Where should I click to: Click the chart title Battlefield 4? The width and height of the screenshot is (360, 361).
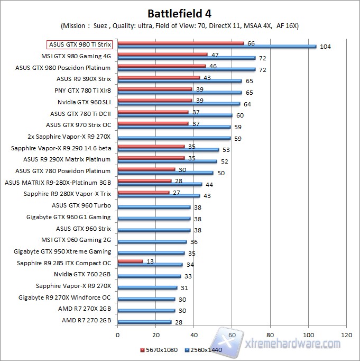(180, 13)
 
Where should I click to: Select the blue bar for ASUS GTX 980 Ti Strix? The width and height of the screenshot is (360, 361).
(217, 47)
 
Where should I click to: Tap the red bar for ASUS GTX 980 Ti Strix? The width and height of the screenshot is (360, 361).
(180, 43)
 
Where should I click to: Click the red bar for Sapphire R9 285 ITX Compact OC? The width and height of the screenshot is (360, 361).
(130, 260)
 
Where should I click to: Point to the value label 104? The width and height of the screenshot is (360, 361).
(326, 47)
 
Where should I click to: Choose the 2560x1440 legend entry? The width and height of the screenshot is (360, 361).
(204, 350)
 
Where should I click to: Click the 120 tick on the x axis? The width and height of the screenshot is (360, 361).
(347, 335)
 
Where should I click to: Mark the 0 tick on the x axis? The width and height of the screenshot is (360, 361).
(118, 335)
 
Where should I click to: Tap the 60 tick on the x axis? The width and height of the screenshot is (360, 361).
(232, 335)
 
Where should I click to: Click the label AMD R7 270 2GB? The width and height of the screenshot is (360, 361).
(87, 320)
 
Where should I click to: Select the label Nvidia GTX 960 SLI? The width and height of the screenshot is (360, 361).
(85, 102)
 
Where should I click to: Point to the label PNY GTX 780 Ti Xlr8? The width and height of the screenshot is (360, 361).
(82, 90)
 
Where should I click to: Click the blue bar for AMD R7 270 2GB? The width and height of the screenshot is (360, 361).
(144, 322)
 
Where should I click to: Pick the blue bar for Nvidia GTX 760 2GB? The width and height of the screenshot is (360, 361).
(149, 276)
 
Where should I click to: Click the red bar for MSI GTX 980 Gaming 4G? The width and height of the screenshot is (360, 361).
(162, 54)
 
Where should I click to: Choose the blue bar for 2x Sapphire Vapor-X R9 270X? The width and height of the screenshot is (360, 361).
(174, 138)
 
